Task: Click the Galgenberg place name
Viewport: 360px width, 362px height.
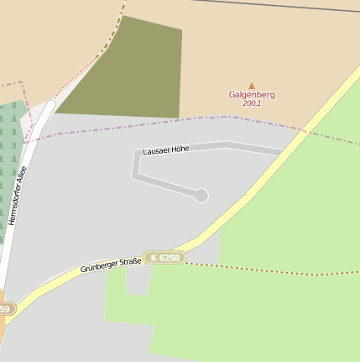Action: point(251,95)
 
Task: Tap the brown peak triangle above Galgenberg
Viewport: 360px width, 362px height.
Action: point(251,86)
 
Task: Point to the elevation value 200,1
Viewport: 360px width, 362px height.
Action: point(251,103)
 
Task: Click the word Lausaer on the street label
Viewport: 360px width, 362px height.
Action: point(156,151)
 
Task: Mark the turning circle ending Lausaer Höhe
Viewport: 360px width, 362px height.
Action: point(201,196)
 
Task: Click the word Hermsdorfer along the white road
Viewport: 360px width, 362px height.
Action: point(15,204)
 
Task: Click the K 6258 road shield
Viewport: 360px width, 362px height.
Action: point(164,258)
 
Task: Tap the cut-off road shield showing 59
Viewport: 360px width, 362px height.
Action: point(6,309)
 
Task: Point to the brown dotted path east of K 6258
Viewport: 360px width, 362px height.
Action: point(269,270)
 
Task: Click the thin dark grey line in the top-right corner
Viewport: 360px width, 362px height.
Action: point(285,6)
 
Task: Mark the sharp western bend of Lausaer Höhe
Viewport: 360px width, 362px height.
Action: point(134,154)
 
